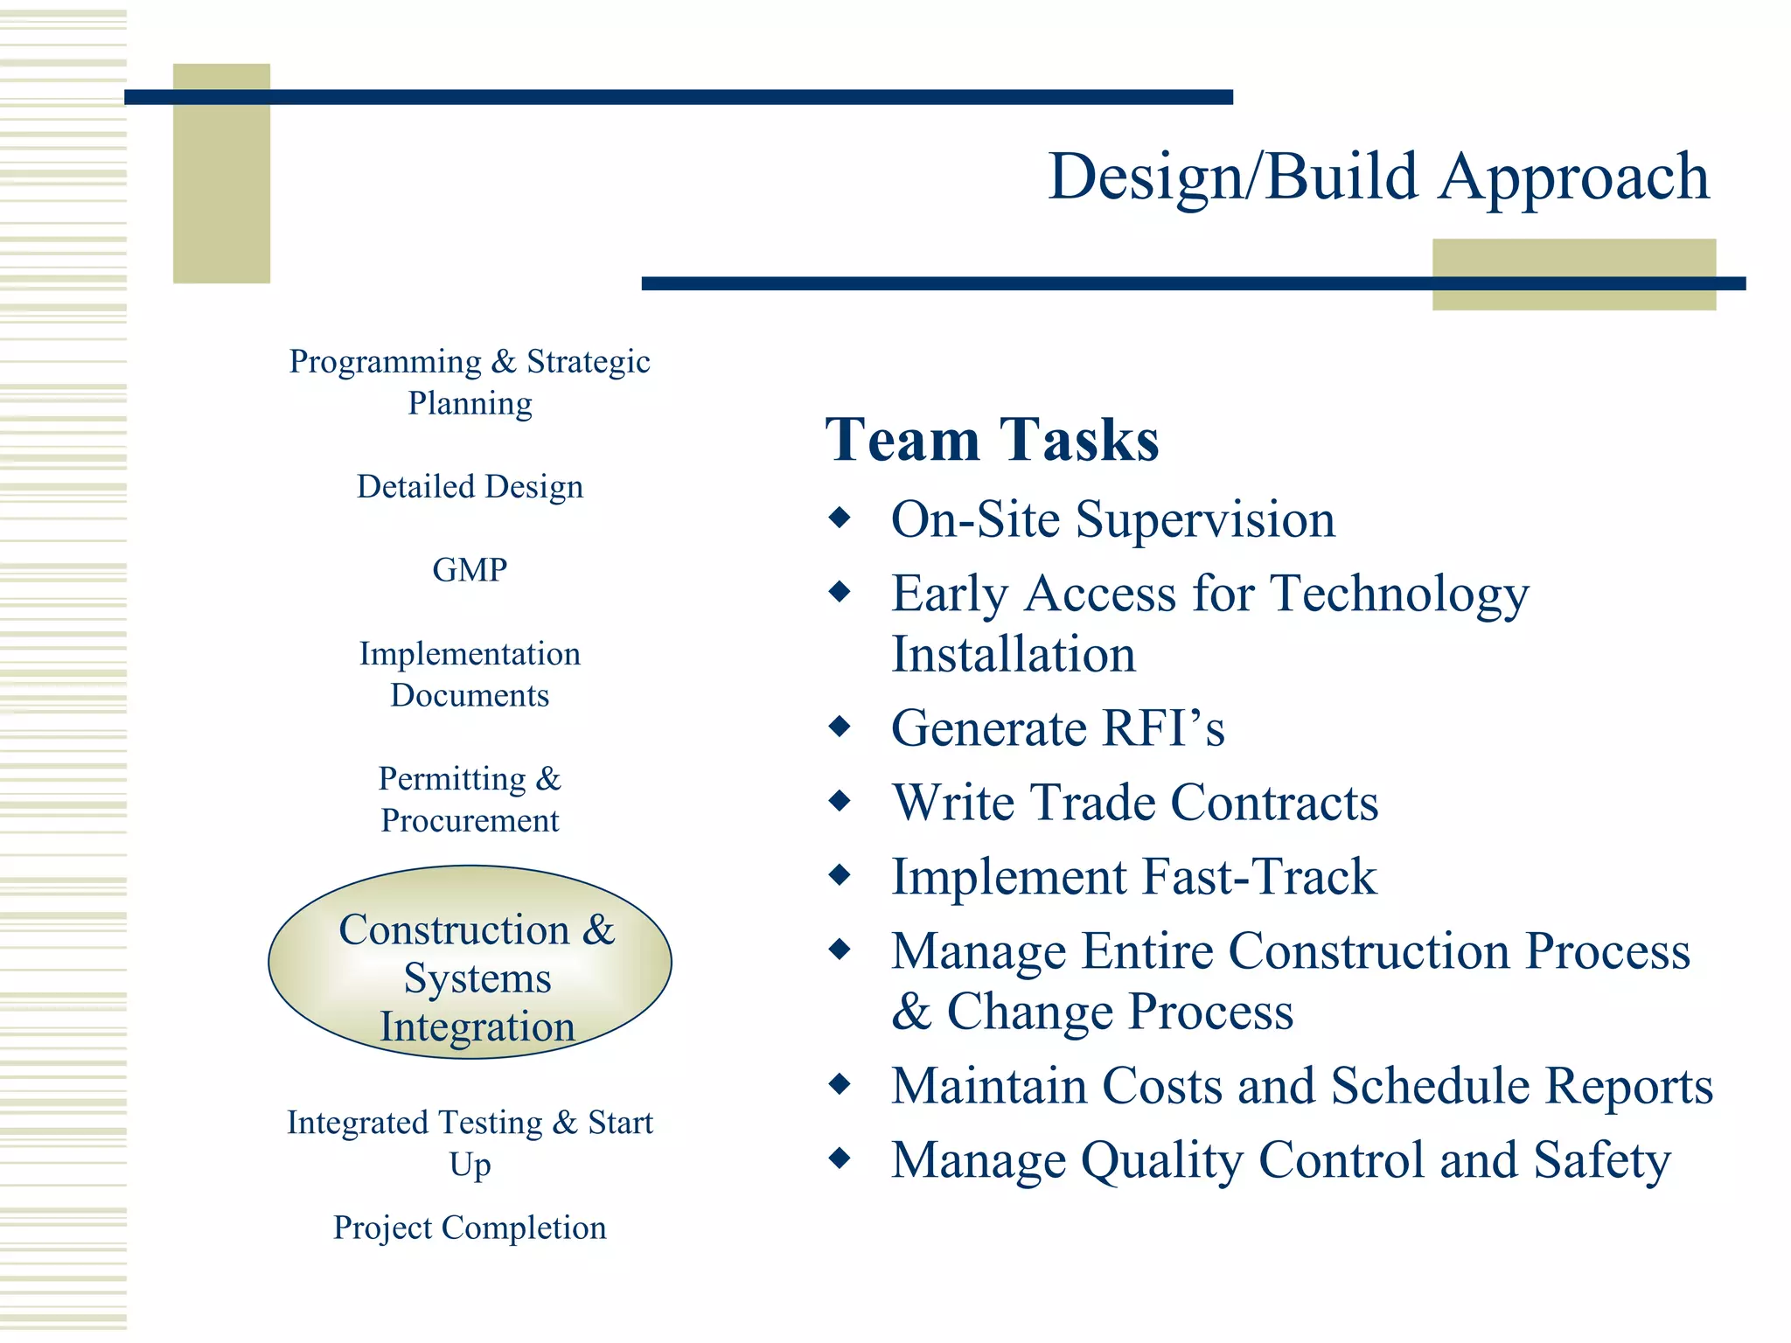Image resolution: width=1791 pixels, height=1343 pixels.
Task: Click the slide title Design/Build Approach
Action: tap(1377, 177)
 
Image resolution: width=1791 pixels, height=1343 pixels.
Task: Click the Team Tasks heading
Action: tap(992, 439)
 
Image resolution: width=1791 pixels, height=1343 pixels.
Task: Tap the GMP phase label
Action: tap(470, 570)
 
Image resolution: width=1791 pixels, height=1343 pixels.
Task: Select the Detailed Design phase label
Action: tap(470, 487)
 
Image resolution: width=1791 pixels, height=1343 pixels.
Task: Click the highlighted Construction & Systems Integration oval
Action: tap(470, 964)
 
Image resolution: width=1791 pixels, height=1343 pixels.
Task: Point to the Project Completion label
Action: tap(470, 1228)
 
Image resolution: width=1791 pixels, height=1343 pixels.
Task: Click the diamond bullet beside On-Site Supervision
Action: tap(840, 518)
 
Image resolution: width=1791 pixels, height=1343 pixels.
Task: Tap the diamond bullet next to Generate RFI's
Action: tap(840, 726)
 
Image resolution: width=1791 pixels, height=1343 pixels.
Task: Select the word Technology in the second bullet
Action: tap(1399, 595)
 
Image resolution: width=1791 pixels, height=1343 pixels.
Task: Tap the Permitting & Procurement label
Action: tap(470, 799)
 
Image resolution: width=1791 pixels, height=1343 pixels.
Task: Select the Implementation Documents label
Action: tap(470, 674)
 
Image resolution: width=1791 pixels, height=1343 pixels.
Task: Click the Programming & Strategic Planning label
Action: tap(470, 382)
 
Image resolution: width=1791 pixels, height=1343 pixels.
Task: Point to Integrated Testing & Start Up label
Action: tap(470, 1143)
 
